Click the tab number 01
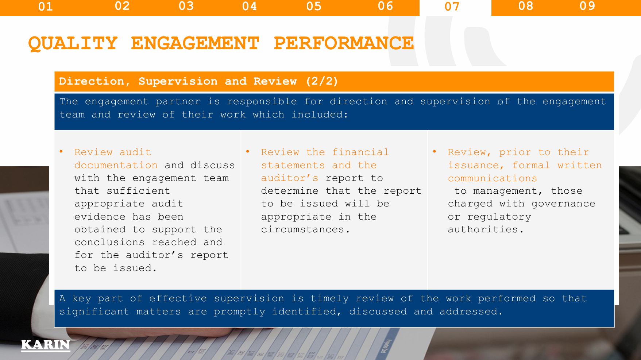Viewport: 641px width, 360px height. tap(46, 7)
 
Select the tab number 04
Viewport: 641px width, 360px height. tap(250, 6)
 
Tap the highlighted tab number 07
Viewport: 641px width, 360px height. tap(452, 7)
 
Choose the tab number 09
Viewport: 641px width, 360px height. tap(587, 6)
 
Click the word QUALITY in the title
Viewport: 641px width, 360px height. tap(73, 43)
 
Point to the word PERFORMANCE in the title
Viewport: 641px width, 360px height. tap(344, 43)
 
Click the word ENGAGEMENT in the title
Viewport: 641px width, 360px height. tap(195, 43)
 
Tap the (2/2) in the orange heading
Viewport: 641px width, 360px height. tap(322, 81)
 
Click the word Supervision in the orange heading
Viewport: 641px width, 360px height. tap(178, 81)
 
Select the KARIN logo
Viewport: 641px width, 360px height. tap(46, 345)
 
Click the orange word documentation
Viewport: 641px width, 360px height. tap(116, 165)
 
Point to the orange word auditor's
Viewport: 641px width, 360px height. tap(290, 178)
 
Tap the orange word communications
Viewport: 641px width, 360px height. tap(493, 178)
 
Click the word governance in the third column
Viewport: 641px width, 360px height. tap(563, 204)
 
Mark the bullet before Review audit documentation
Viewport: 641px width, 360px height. tap(61, 151)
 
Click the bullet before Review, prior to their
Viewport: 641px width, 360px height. tap(435, 151)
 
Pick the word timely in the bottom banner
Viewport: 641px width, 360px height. tap(329, 299)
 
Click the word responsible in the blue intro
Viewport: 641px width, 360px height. tap(262, 102)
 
